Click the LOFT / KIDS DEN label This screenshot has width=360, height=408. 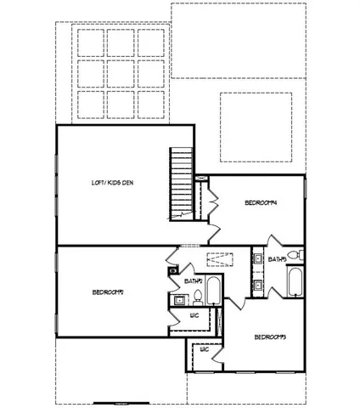pyautogui.click(x=114, y=183)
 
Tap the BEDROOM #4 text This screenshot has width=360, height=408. pyautogui.click(x=262, y=202)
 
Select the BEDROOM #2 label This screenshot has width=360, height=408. pyautogui.click(x=109, y=292)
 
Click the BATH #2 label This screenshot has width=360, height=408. pyautogui.click(x=193, y=280)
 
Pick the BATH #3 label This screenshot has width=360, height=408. pyautogui.click(x=276, y=258)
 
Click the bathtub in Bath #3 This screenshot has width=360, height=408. pyautogui.click(x=295, y=282)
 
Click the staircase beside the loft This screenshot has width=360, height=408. pyautogui.click(x=182, y=184)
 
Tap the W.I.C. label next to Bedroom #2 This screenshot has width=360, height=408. pyautogui.click(x=194, y=315)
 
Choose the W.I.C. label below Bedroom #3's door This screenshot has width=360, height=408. pyautogui.click(x=205, y=349)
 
